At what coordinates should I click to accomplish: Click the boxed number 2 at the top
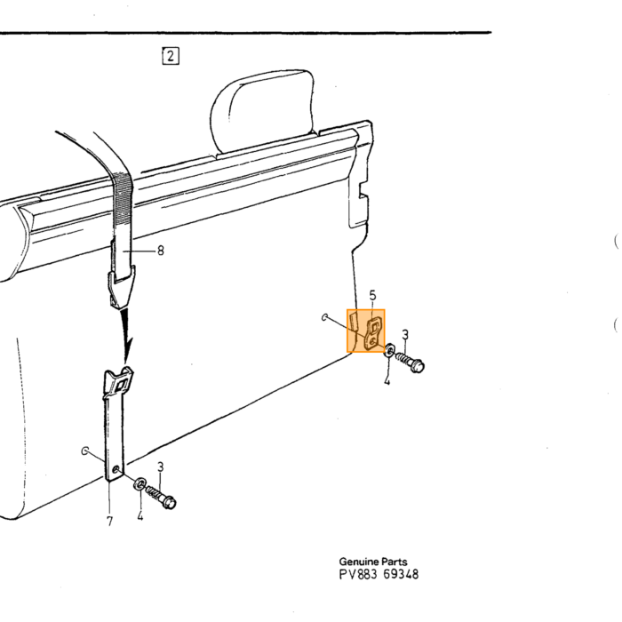(x=171, y=56)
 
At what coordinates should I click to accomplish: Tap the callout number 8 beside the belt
(x=161, y=251)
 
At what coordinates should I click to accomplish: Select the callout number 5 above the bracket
(x=372, y=296)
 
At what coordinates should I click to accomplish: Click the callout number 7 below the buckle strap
(x=110, y=522)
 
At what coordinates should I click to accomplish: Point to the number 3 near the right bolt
(x=405, y=335)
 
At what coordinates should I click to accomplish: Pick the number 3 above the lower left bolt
(x=160, y=466)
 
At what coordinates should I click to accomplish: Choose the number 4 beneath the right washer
(x=387, y=381)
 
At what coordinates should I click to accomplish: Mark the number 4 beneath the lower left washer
(x=140, y=516)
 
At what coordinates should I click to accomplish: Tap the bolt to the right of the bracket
(x=411, y=362)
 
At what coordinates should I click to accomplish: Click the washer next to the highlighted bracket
(x=390, y=350)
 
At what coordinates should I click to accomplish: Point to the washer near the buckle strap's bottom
(x=140, y=484)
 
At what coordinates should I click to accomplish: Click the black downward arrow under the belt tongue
(x=126, y=337)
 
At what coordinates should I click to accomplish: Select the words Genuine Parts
(x=373, y=562)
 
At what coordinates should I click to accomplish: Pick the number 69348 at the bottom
(x=401, y=574)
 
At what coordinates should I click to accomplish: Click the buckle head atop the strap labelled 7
(x=118, y=382)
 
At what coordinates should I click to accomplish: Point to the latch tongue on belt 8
(x=121, y=286)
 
